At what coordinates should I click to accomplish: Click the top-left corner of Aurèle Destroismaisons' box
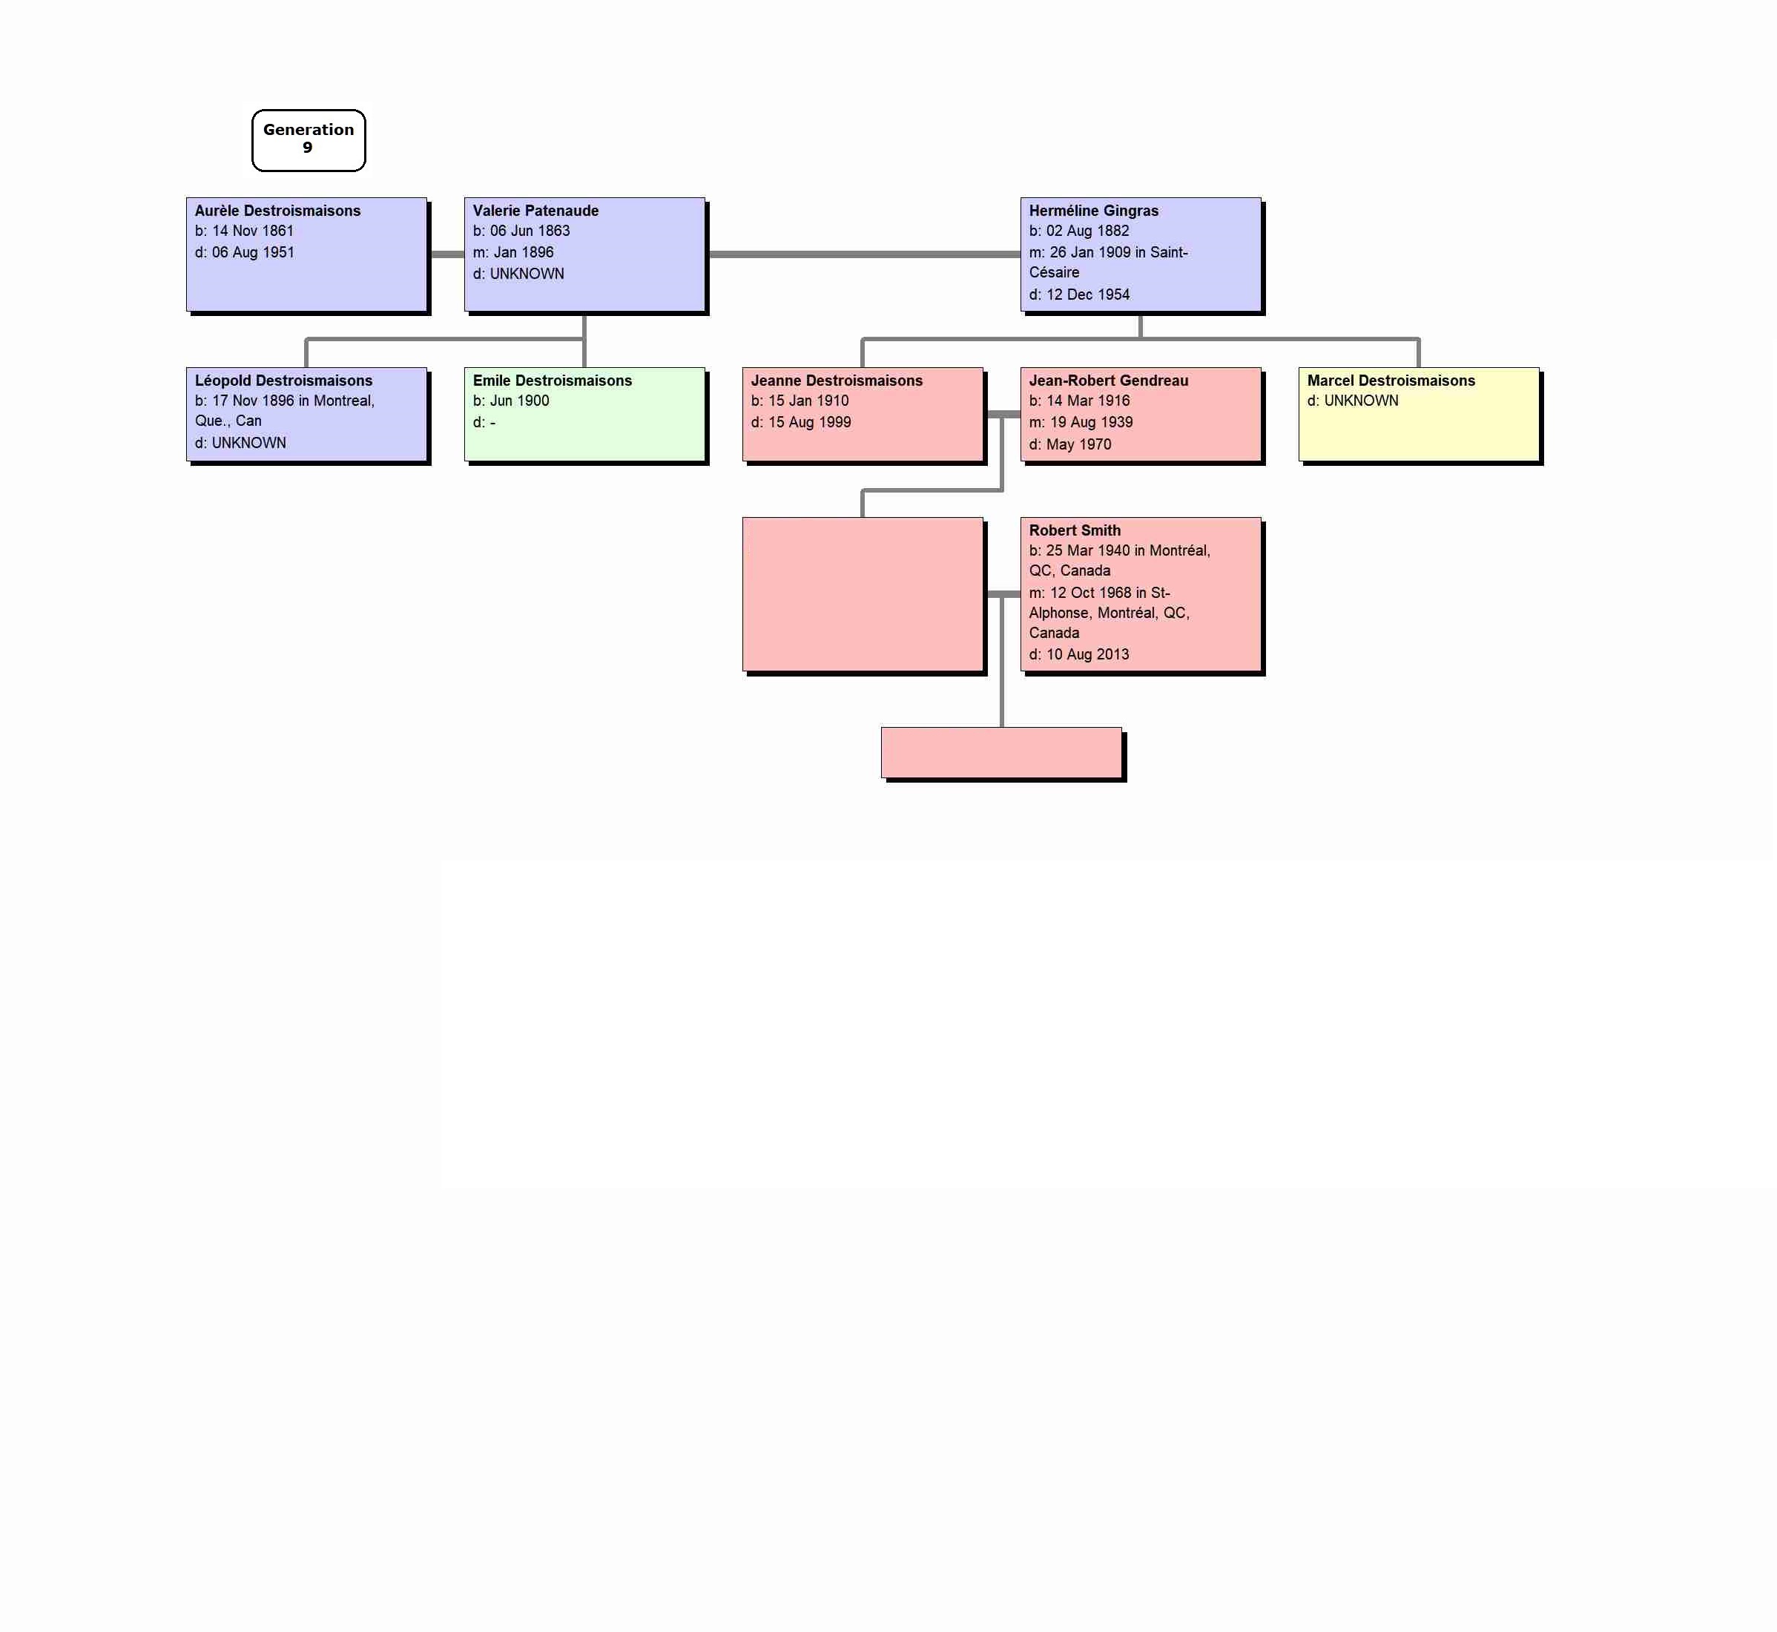[x=187, y=198]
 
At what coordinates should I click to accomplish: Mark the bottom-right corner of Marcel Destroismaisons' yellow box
[x=1539, y=461]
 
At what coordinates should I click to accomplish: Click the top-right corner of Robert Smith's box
[x=1261, y=519]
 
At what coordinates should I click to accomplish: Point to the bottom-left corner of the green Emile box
[x=465, y=461]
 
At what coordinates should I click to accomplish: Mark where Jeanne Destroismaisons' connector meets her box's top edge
[x=863, y=367]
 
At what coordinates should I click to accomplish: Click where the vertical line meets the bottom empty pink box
[x=1002, y=728]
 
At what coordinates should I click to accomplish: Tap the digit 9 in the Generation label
[x=307, y=148]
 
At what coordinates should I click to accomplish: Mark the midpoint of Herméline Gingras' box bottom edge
[x=1141, y=311]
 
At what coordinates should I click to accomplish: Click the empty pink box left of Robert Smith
[x=863, y=594]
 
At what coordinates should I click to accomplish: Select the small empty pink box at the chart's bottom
[x=1001, y=752]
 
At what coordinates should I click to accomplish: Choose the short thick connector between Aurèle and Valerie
[x=446, y=254]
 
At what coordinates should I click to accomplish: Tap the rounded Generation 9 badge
[x=308, y=140]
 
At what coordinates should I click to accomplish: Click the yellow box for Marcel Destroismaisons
[x=1419, y=414]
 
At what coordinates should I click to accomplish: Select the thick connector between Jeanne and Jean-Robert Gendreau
[x=1002, y=414]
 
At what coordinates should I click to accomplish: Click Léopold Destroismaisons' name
[x=283, y=381]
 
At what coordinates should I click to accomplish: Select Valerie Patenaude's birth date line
[x=521, y=231]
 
